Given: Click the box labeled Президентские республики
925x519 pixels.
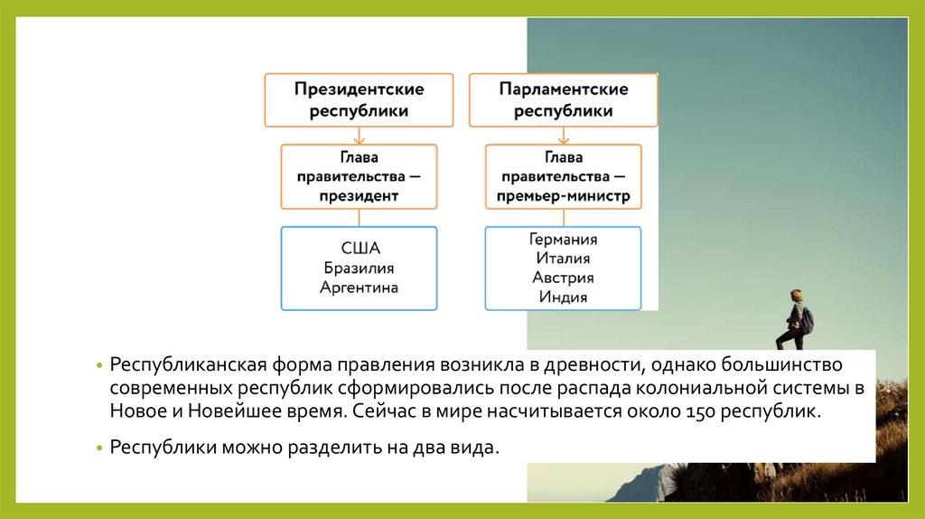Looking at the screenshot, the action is (x=359, y=100).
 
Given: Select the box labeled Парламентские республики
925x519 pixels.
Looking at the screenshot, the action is (x=564, y=100).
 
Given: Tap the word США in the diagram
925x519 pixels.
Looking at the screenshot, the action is (x=360, y=249).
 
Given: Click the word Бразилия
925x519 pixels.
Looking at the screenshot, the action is (x=359, y=269).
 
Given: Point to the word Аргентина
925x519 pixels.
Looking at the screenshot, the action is (x=359, y=288).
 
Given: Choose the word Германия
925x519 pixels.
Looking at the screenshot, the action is (x=564, y=240).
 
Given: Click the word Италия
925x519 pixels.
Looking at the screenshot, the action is (x=564, y=259).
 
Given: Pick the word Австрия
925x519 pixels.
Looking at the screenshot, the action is (x=564, y=278).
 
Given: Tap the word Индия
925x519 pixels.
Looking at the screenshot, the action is (x=564, y=297).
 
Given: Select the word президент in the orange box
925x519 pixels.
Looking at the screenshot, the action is (x=359, y=195).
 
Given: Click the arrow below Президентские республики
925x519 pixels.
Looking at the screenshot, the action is (x=359, y=136).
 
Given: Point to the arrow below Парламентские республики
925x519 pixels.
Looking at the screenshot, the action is (x=564, y=136).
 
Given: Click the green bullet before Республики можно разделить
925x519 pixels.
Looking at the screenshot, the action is (x=101, y=448).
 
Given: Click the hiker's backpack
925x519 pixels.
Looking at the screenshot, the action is (x=807, y=319).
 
